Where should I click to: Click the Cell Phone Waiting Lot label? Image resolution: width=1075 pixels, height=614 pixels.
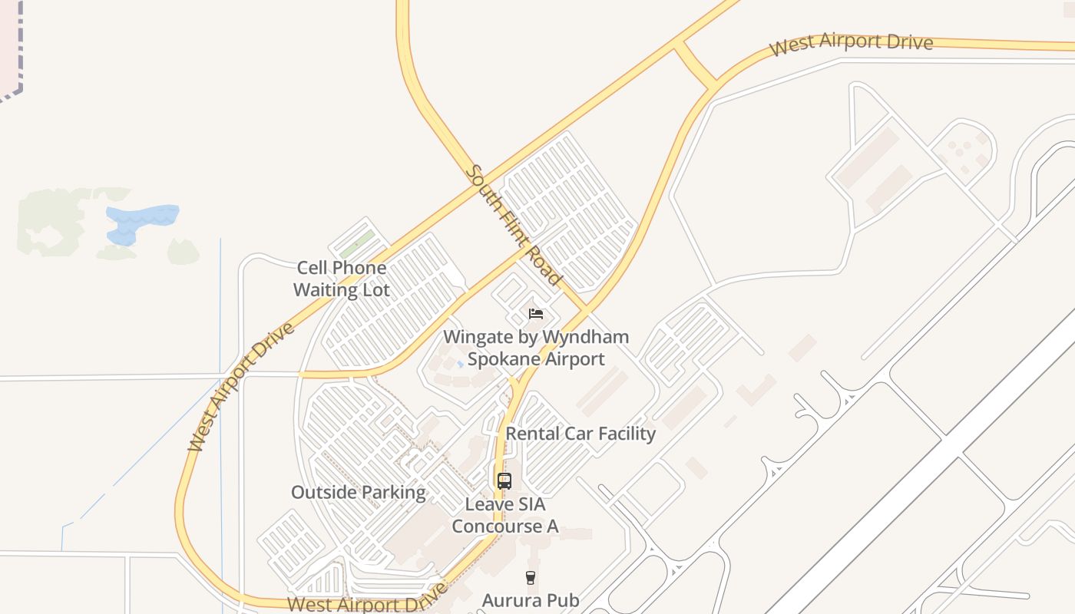point(342,279)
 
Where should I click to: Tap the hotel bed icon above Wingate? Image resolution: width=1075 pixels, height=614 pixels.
point(536,313)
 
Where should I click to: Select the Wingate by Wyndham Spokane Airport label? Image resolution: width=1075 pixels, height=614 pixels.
point(536,348)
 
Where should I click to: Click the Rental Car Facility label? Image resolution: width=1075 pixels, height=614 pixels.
point(580,434)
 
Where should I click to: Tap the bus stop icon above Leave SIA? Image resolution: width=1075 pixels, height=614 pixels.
point(504,481)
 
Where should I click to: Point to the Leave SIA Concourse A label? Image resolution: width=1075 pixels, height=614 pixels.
point(504,516)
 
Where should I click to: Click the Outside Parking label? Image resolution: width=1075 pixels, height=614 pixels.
point(358,493)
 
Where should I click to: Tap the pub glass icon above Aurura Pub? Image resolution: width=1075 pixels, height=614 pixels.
point(530,577)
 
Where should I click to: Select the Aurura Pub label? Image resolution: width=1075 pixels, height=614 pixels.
point(530,600)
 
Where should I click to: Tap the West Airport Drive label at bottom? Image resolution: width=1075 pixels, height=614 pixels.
point(367,600)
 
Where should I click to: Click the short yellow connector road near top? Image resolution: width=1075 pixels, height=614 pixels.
point(696,64)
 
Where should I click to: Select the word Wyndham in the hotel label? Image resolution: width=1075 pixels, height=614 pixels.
point(585,337)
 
